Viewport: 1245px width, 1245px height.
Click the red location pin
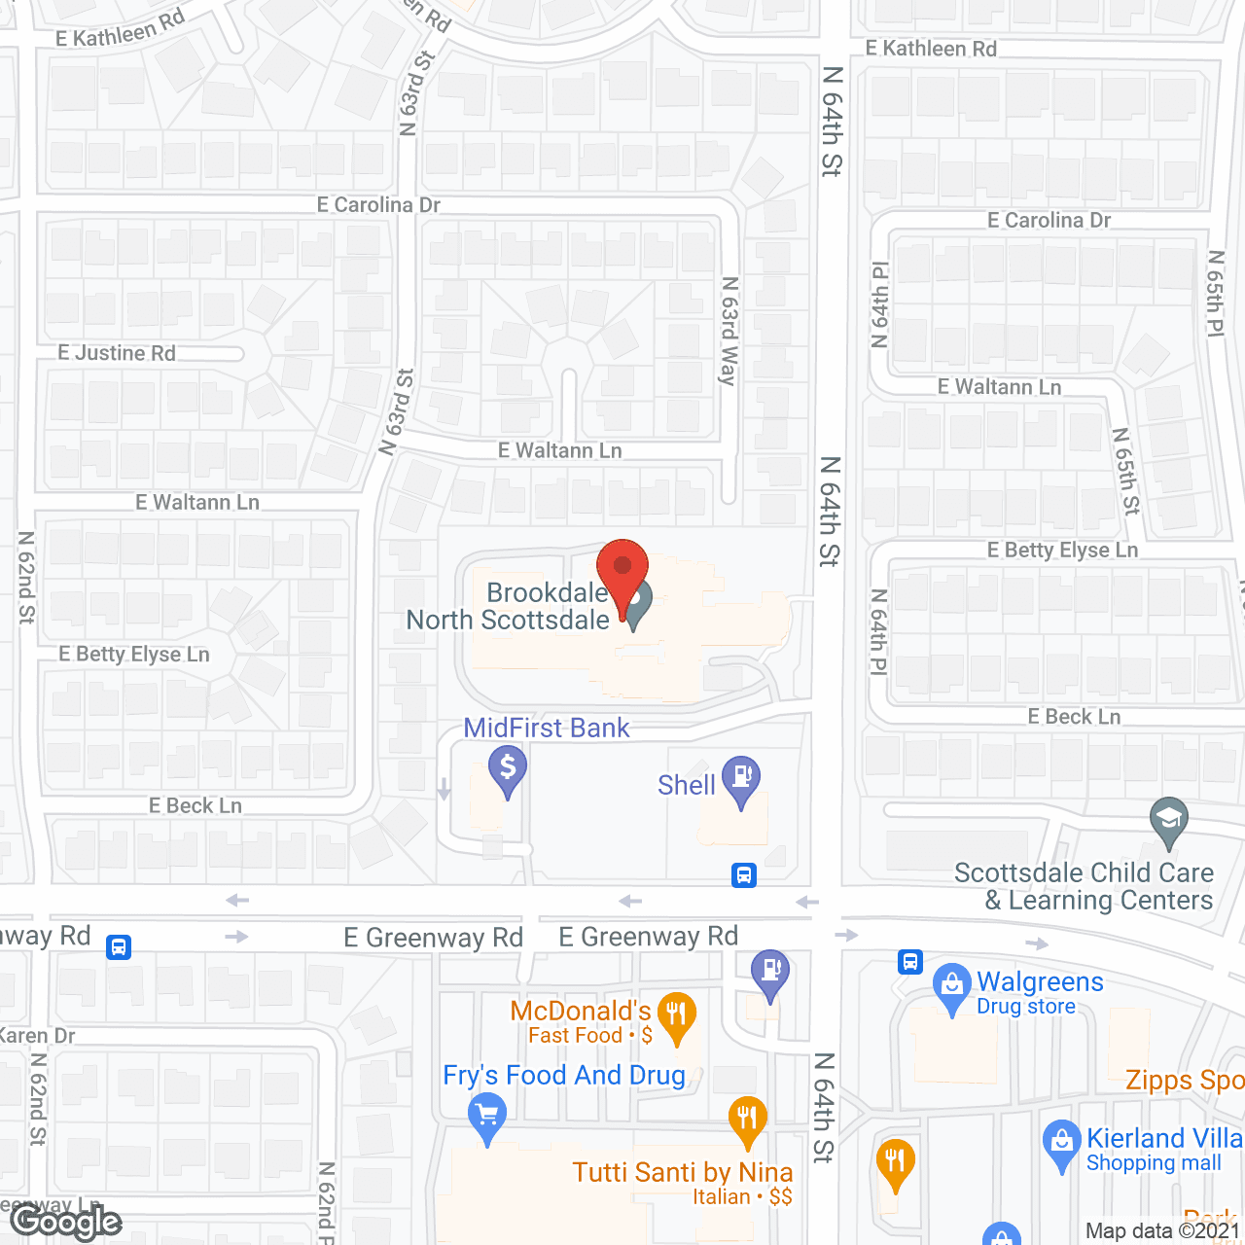point(622,568)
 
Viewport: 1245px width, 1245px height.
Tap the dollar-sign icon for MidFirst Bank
point(507,768)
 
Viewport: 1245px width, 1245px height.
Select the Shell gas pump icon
point(742,777)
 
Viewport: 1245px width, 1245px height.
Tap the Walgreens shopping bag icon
point(951,985)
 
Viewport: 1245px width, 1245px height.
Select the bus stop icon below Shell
point(744,875)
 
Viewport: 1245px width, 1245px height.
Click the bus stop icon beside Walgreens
point(910,962)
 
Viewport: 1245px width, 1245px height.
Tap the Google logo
point(66,1222)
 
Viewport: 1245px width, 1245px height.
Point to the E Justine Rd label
point(117,353)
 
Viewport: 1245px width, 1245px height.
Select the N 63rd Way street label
point(729,331)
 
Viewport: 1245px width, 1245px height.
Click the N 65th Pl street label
point(1216,295)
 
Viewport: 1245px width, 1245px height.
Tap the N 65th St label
point(1125,471)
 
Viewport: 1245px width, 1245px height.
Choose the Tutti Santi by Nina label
point(683,1172)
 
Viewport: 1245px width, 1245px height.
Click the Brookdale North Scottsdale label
point(509,606)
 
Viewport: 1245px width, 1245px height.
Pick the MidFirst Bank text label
point(547,728)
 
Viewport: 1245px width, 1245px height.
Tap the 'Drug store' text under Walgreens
point(1026,1007)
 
